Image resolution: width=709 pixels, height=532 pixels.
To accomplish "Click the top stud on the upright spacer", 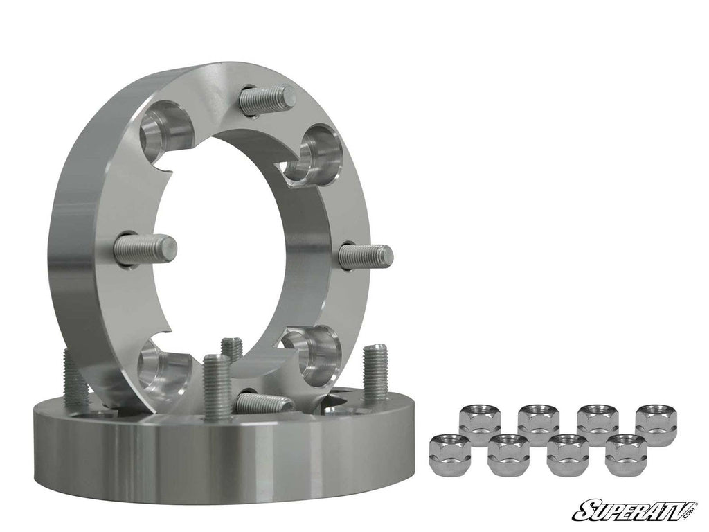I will [267, 98].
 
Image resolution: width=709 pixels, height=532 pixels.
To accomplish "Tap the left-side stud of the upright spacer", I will [145, 248].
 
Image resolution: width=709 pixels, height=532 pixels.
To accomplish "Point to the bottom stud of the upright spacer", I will [262, 402].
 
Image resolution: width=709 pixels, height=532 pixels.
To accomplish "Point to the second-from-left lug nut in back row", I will [537, 423].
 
